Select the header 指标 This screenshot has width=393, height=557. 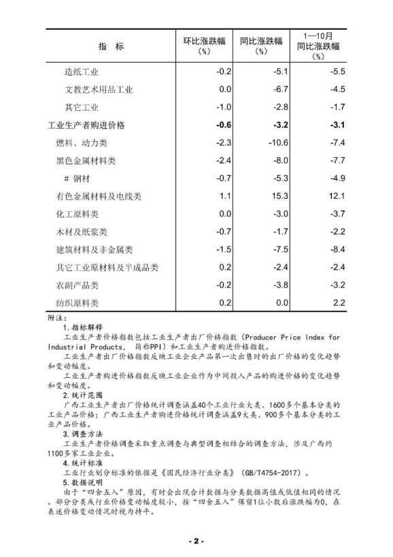pos(111,46)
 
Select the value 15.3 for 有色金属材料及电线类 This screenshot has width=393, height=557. pos(263,196)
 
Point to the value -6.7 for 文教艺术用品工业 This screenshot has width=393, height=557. pos(262,89)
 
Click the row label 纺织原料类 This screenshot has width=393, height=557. pos(77,303)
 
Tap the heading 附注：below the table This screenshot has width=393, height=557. pos(58,317)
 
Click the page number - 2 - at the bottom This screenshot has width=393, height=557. pos(196,541)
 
